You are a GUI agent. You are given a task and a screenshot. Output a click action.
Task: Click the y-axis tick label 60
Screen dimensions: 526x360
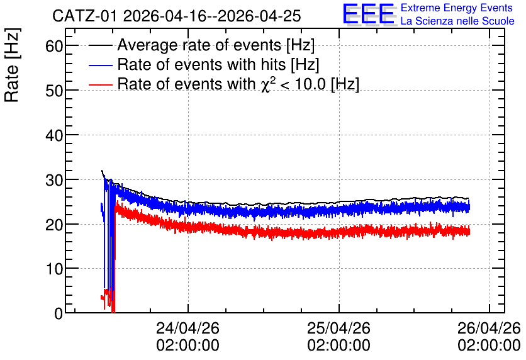coord(54,46)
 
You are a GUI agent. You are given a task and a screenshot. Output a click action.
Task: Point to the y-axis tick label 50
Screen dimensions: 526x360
coord(54,91)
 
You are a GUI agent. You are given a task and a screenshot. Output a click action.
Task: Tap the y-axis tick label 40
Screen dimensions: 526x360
coord(54,135)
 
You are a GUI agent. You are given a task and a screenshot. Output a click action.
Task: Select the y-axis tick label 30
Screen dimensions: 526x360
coord(54,180)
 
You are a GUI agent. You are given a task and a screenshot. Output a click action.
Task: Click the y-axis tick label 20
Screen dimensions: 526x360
coord(54,225)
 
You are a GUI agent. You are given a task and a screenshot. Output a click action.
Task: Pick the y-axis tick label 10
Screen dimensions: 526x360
coord(54,269)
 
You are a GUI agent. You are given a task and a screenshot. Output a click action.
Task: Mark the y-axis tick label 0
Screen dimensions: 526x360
coord(59,313)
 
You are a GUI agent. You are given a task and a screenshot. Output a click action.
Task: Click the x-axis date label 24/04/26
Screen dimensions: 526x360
coord(188,328)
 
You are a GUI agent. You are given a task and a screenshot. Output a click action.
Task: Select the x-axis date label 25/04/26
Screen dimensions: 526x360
coord(339,328)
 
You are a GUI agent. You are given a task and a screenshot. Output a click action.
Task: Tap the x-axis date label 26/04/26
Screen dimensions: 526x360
coord(489,328)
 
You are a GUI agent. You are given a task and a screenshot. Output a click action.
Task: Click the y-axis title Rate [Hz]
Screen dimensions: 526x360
coord(12,65)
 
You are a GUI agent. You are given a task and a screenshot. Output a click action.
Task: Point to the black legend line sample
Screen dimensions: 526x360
coord(100,45)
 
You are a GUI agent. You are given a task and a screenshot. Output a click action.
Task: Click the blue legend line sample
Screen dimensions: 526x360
coord(100,65)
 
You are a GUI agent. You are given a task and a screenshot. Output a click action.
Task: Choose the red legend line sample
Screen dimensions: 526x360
coord(100,84)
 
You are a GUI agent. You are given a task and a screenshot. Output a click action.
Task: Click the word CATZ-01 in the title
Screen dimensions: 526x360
coord(85,16)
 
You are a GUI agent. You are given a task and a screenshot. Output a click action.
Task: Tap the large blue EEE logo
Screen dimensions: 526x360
coord(369,14)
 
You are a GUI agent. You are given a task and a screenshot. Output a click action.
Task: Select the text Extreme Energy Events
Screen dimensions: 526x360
coord(457,8)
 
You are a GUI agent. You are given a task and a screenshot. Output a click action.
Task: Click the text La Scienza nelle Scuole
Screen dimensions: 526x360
coord(457,21)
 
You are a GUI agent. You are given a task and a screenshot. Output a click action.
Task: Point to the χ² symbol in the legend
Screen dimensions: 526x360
coord(269,84)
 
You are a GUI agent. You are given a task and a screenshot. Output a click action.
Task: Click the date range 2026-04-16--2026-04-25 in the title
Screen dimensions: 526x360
coord(212,16)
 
